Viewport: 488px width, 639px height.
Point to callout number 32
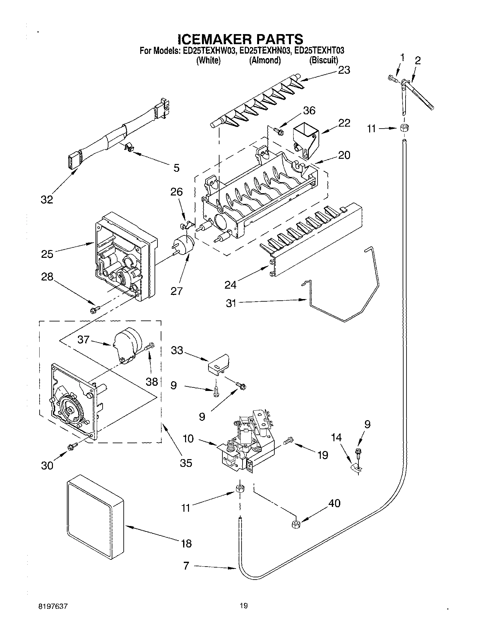pyautogui.click(x=47, y=200)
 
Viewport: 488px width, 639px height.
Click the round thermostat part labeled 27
pyautogui.click(x=184, y=244)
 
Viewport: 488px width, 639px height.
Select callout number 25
pyautogui.click(x=47, y=254)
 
